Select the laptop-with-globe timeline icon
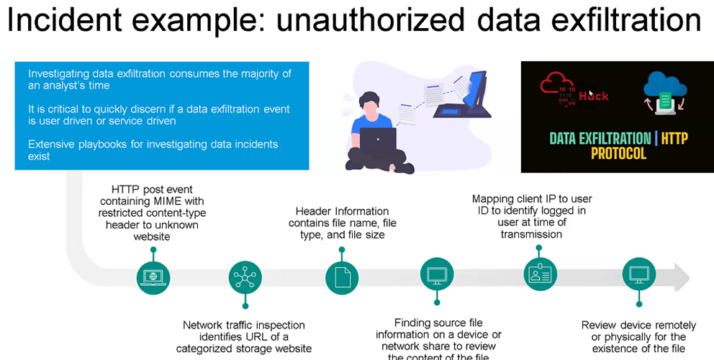pyautogui.click(x=153, y=276)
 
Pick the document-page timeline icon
pyautogui.click(x=342, y=276)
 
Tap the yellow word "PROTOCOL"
pyautogui.click(x=619, y=153)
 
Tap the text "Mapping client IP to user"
pyautogui.click(x=532, y=199)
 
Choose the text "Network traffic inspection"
pyautogui.click(x=244, y=325)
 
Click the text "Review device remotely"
pyautogui.click(x=633, y=325)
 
